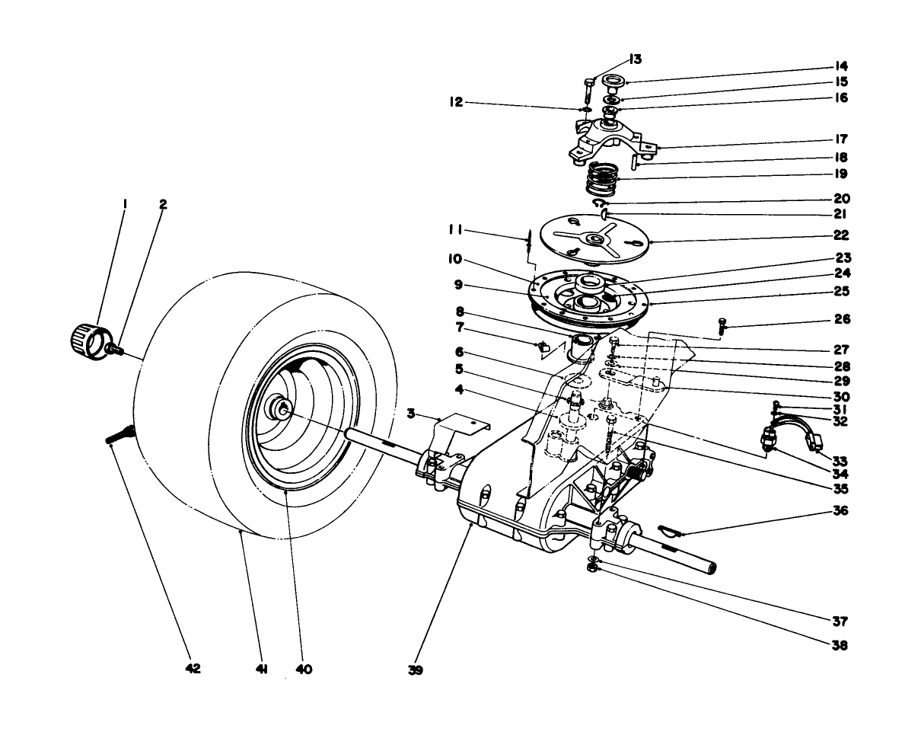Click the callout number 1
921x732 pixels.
coord(125,204)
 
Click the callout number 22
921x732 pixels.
coord(840,236)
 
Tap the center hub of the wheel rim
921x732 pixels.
coord(282,410)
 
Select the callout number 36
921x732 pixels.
coord(840,510)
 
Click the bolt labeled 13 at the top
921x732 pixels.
coord(591,92)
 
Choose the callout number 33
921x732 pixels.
coord(840,461)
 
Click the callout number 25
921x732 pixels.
coord(840,292)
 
